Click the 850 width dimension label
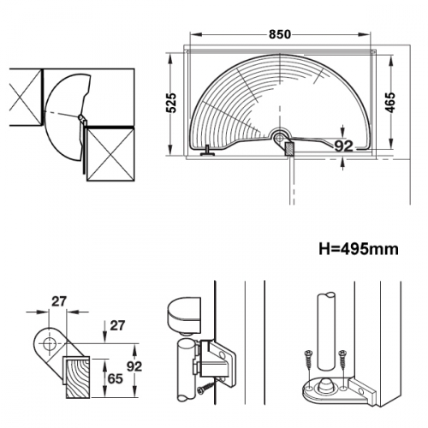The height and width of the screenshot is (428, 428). click(280, 34)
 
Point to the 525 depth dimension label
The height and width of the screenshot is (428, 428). click(171, 103)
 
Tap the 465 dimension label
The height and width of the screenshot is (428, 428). click(390, 102)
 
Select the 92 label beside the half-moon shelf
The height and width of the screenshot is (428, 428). click(343, 146)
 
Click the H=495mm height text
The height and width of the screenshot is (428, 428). click(359, 249)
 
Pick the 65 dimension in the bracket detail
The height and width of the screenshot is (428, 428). click(115, 378)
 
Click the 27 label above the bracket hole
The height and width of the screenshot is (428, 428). click(59, 301)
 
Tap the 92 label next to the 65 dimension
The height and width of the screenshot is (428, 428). click(134, 366)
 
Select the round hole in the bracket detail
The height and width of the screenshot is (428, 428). click(49, 344)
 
